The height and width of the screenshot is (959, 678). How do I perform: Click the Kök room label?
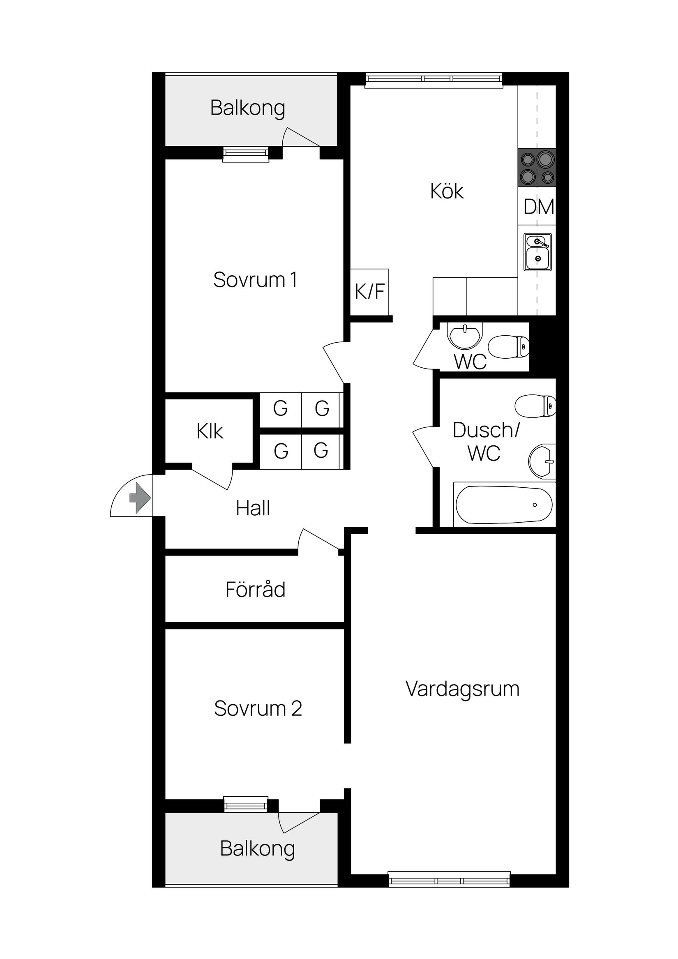pyautogui.click(x=447, y=191)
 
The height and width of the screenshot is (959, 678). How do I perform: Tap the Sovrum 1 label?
pyautogui.click(x=255, y=280)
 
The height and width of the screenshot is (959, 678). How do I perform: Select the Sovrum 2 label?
pyautogui.click(x=258, y=709)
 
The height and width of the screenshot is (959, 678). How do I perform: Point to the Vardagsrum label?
pyautogui.click(x=462, y=689)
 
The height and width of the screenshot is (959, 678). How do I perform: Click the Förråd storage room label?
pyautogui.click(x=255, y=589)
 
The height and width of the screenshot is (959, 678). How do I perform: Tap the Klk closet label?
pyautogui.click(x=210, y=431)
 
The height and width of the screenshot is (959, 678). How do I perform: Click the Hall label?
pyautogui.click(x=253, y=508)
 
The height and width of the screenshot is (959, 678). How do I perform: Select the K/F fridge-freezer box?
pyautogui.click(x=369, y=292)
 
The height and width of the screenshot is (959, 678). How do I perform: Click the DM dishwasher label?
pyautogui.click(x=538, y=207)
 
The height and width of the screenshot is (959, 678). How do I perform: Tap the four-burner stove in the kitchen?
pyautogui.click(x=537, y=168)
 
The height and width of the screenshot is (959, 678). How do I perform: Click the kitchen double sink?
pyautogui.click(x=537, y=251)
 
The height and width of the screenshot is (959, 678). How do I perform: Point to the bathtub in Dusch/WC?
pyautogui.click(x=504, y=505)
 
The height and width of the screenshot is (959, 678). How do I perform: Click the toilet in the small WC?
pyautogui.click(x=508, y=347)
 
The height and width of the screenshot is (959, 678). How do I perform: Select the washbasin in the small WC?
pyautogui.click(x=464, y=335)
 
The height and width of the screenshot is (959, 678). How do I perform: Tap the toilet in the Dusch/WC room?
pyautogui.click(x=535, y=406)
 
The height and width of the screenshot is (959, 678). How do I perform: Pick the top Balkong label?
pyautogui.click(x=248, y=108)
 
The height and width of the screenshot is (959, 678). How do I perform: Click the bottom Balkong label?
pyautogui.click(x=257, y=848)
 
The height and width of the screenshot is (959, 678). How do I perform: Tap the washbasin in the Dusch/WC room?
pyautogui.click(x=542, y=461)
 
